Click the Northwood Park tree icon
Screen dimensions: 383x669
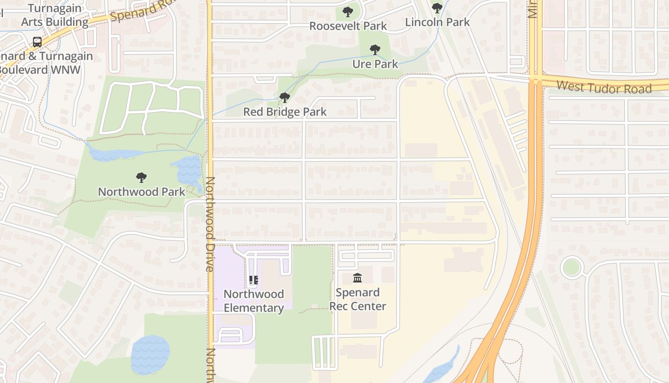point(141,178)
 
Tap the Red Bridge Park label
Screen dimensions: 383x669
point(285,112)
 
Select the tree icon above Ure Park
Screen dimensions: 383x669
point(375,49)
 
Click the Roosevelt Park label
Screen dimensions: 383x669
point(348,26)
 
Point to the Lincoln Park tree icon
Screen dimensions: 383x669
point(437,8)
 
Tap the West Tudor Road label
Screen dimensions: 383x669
point(604,88)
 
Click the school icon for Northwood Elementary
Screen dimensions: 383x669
point(254,280)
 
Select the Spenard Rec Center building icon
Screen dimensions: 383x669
point(357,278)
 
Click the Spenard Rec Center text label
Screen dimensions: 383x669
point(357,299)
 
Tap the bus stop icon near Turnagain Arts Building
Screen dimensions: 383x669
point(37,42)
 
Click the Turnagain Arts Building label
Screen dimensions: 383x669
point(54,15)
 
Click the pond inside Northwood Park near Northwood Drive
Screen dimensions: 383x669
point(188,170)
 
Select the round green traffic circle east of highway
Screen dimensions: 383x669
point(571,267)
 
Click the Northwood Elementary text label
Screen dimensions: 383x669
point(253,301)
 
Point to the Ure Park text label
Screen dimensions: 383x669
point(375,64)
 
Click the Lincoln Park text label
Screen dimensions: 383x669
point(437,22)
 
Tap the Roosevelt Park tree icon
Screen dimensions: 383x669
point(348,11)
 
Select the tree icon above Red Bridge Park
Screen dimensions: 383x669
point(285,98)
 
